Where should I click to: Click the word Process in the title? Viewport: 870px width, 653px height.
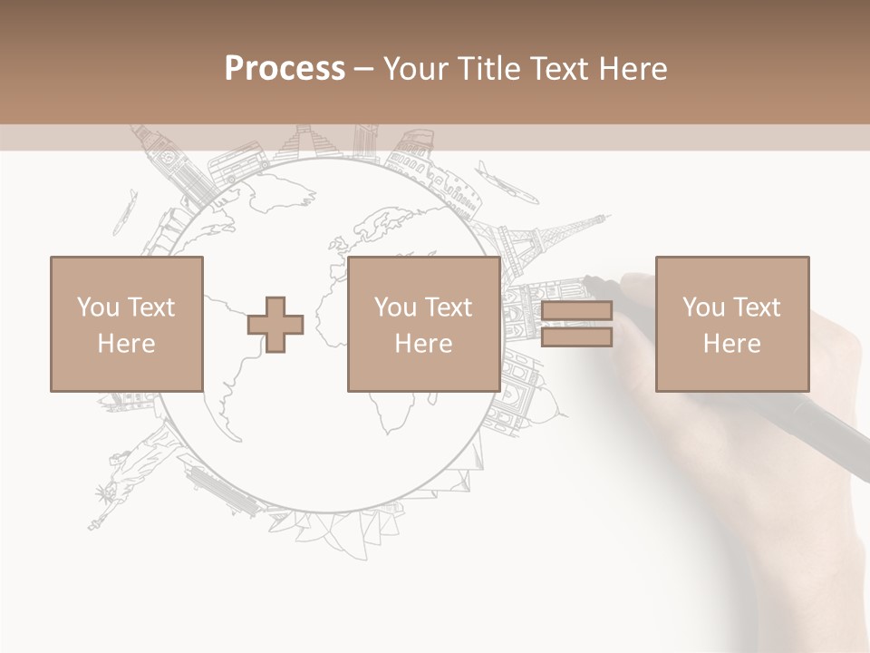click(285, 69)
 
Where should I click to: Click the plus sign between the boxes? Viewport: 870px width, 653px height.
click(275, 324)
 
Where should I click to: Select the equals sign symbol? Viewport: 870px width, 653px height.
click(576, 324)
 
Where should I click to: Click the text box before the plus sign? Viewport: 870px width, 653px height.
click(127, 324)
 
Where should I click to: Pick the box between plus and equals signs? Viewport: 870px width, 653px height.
click(423, 324)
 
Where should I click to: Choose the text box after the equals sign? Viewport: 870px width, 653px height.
click(731, 324)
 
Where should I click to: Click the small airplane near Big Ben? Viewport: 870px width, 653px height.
click(124, 213)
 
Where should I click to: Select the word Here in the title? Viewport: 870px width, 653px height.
click(634, 69)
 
